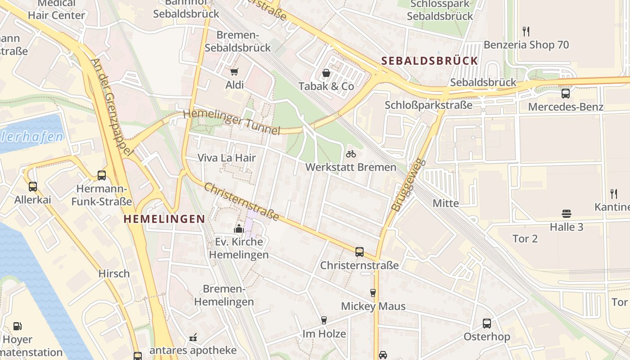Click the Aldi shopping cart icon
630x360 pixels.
pyautogui.click(x=234, y=72)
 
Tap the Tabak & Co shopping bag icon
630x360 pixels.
pyautogui.click(x=326, y=73)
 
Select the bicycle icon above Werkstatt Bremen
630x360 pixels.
pyautogui.click(x=351, y=154)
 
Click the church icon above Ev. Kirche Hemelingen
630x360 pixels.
pyautogui.click(x=238, y=229)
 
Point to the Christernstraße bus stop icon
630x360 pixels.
pyautogui.click(x=359, y=252)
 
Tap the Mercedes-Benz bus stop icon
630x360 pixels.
pyautogui.click(x=566, y=94)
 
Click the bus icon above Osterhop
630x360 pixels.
pyautogui.click(x=487, y=323)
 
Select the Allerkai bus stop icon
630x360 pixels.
pyautogui.click(x=32, y=186)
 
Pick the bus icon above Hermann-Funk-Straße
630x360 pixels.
pyautogui.click(x=102, y=175)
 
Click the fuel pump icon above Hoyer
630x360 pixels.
pyautogui.click(x=17, y=326)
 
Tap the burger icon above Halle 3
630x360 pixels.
pyautogui.click(x=567, y=213)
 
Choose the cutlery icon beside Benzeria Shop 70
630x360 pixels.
pyautogui.click(x=526, y=31)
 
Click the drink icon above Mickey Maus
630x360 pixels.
pyautogui.click(x=373, y=293)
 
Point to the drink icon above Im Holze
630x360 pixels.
pyautogui.click(x=324, y=320)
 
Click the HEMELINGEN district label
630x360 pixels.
pyautogui.click(x=164, y=219)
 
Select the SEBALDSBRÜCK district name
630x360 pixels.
pyautogui.click(x=429, y=61)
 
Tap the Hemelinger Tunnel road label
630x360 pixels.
pyautogui.click(x=232, y=121)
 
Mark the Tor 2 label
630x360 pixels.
pyautogui.click(x=525, y=238)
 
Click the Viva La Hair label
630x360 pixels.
pyautogui.click(x=227, y=158)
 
